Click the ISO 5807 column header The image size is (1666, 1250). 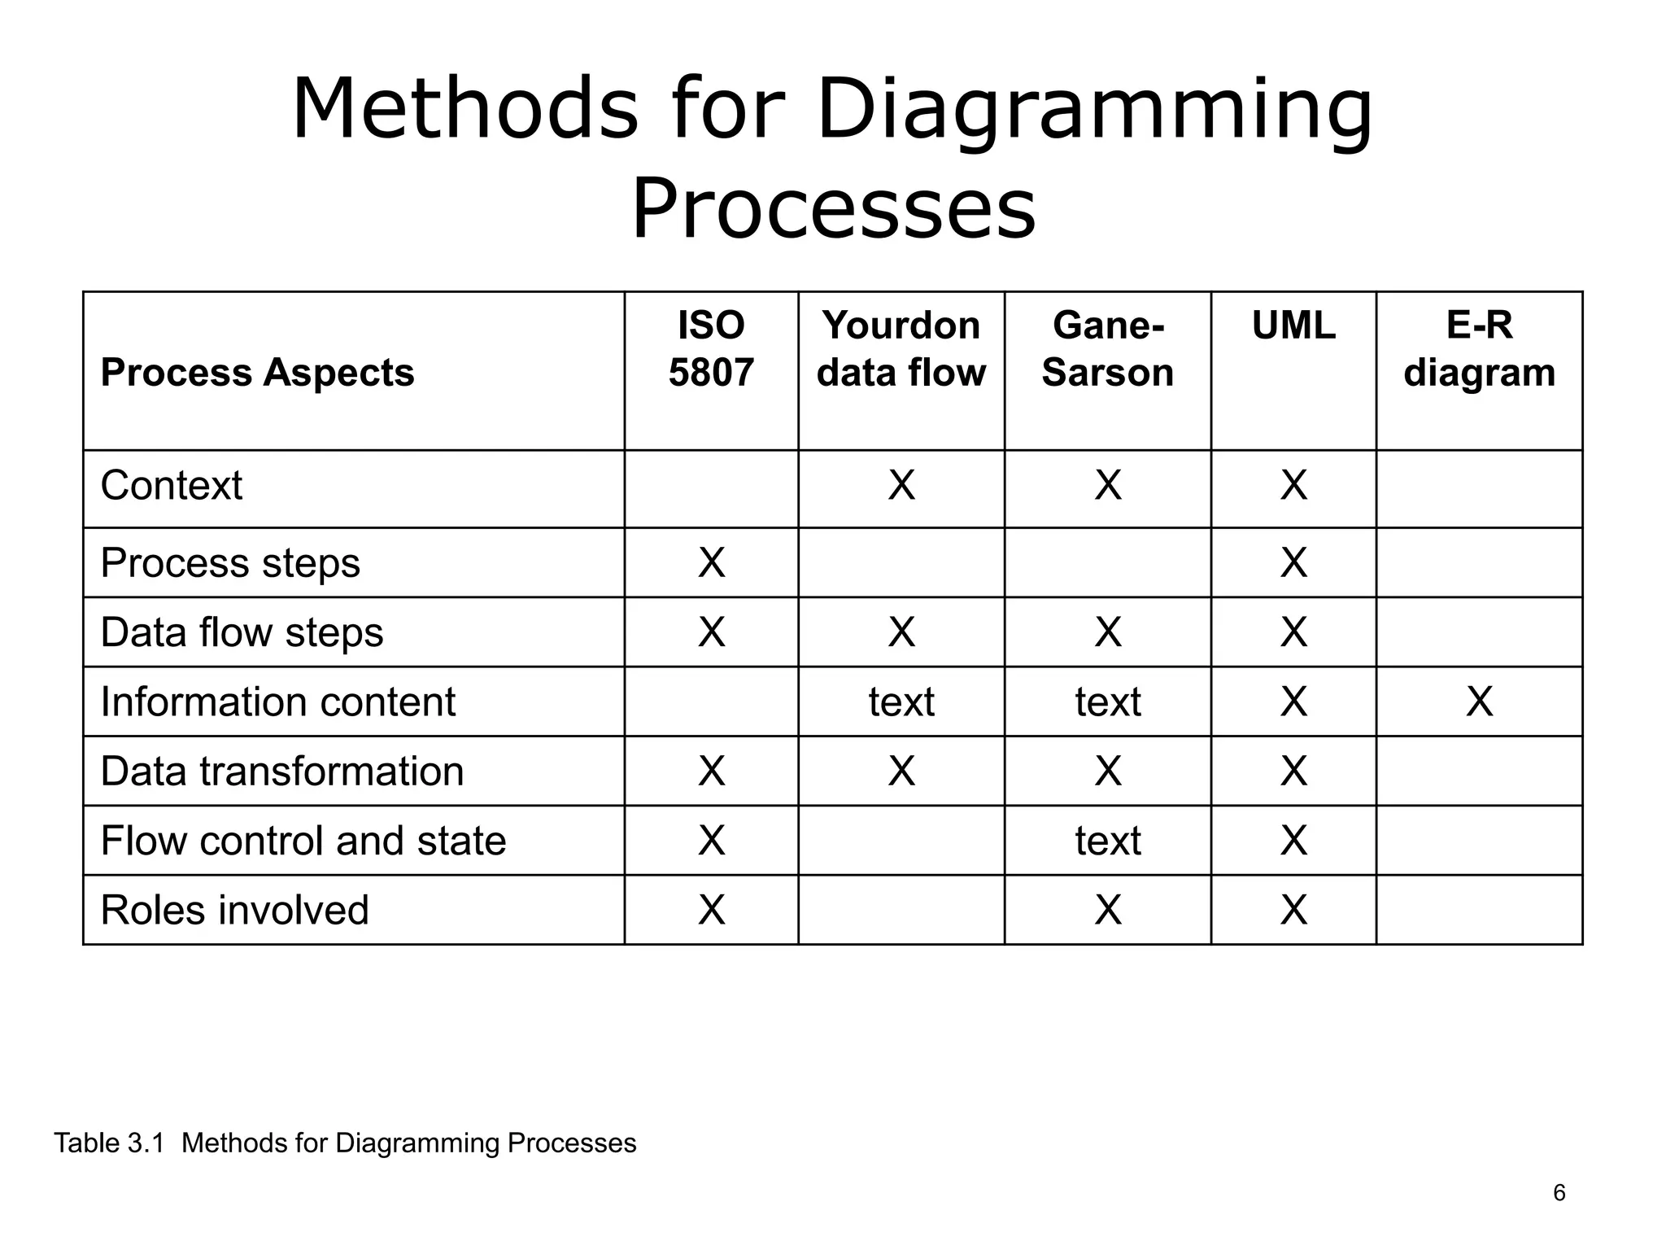(711, 349)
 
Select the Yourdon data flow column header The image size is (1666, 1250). (901, 349)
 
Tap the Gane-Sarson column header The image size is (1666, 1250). (1108, 349)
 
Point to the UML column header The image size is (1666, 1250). (1293, 326)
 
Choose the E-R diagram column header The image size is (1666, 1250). (1479, 349)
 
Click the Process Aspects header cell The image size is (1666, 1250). (257, 373)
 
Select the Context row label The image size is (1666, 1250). (172, 486)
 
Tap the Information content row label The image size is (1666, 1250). (277, 701)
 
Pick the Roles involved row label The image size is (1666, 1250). (234, 910)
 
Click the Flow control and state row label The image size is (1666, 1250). (303, 841)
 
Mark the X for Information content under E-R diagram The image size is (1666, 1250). (1479, 701)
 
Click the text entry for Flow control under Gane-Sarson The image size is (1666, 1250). (1108, 841)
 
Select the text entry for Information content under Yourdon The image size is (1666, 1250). (901, 701)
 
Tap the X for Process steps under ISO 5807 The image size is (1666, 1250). (711, 562)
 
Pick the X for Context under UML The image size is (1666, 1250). (1293, 486)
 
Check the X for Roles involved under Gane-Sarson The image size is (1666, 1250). (1108, 910)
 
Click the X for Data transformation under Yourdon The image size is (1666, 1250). (901, 771)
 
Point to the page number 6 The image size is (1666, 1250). (1559, 1193)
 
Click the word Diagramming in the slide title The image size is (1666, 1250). (1094, 110)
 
